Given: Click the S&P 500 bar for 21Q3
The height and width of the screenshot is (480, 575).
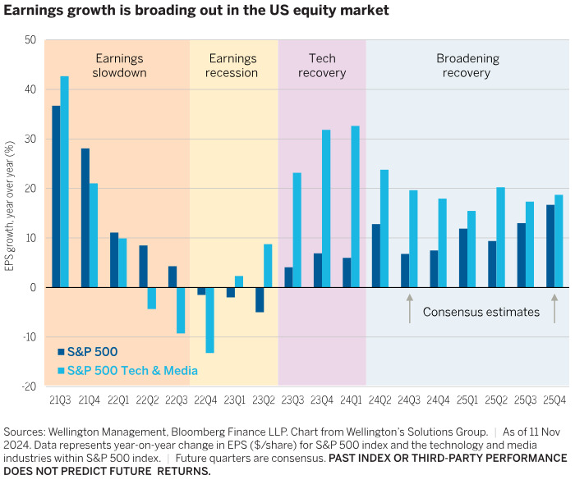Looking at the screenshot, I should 56,197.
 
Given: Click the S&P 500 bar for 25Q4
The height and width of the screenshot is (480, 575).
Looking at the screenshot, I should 550,246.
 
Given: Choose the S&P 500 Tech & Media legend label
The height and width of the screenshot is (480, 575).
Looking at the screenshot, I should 132,370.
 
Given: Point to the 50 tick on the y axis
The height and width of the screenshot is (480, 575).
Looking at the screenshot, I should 30,40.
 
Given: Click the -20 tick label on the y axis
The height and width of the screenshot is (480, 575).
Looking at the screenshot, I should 28,386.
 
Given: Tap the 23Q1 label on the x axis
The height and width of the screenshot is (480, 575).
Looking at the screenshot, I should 234,402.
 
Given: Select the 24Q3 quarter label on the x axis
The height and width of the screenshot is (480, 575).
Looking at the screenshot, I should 407,402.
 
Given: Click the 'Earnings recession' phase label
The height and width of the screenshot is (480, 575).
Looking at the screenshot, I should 233,66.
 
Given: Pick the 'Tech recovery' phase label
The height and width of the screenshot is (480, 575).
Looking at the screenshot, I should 322,66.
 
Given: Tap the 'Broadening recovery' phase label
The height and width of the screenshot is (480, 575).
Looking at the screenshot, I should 463,66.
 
